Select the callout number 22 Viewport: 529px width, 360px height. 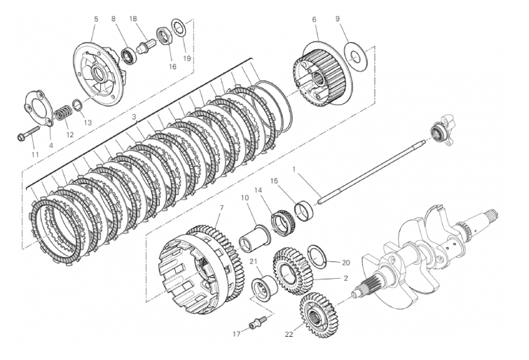click(x=289, y=334)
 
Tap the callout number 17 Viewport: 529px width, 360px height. click(x=236, y=334)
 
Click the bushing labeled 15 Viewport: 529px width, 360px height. click(x=306, y=209)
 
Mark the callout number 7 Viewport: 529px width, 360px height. click(x=221, y=209)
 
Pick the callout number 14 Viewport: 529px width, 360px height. click(x=258, y=190)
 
